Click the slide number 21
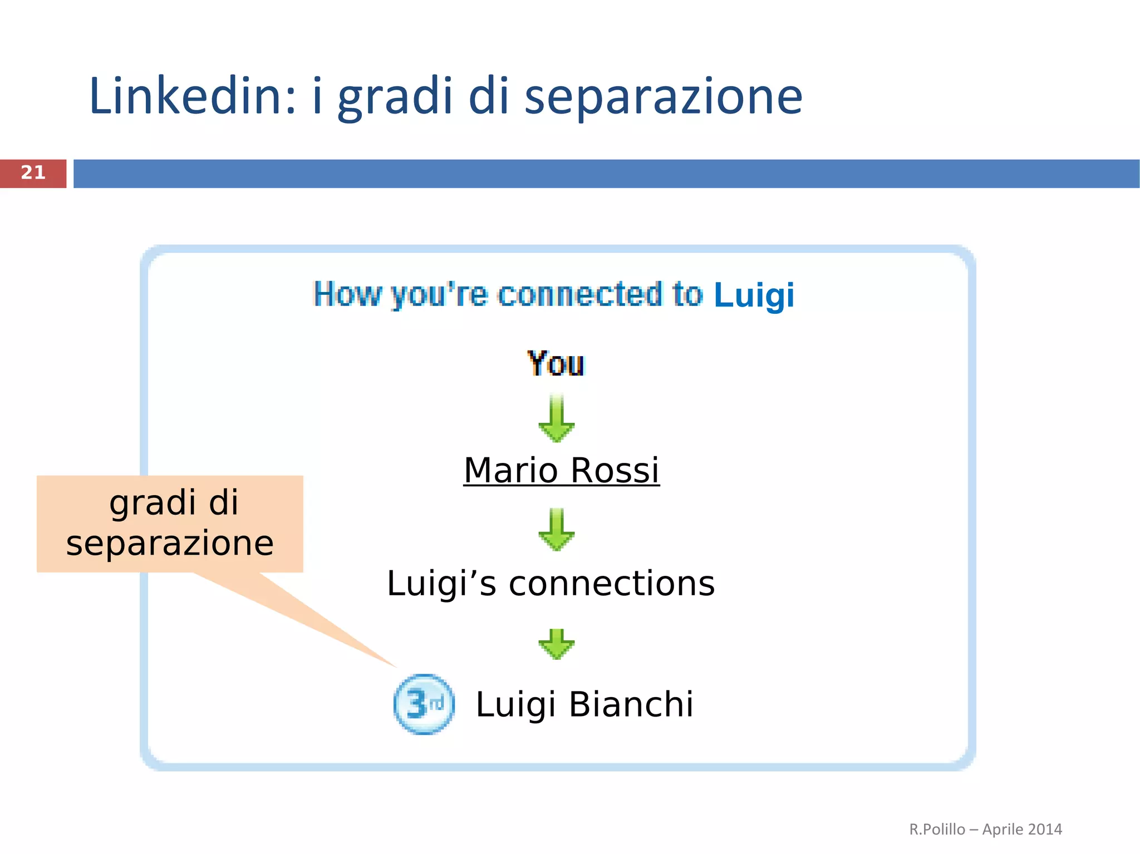pos(33,173)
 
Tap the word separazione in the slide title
pos(663,97)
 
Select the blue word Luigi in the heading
pos(754,295)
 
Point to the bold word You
pos(556,364)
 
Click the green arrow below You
pos(557,419)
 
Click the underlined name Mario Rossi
pos(561,470)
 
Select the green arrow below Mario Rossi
pos(557,530)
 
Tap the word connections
pos(612,584)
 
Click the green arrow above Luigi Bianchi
pos(557,644)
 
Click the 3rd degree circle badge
pos(424,704)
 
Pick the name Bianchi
pos(631,704)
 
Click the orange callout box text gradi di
pos(174,503)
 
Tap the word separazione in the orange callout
pos(170,544)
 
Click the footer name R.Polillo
pos(937,830)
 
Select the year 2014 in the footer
pos(1045,830)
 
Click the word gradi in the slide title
pos(396,97)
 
